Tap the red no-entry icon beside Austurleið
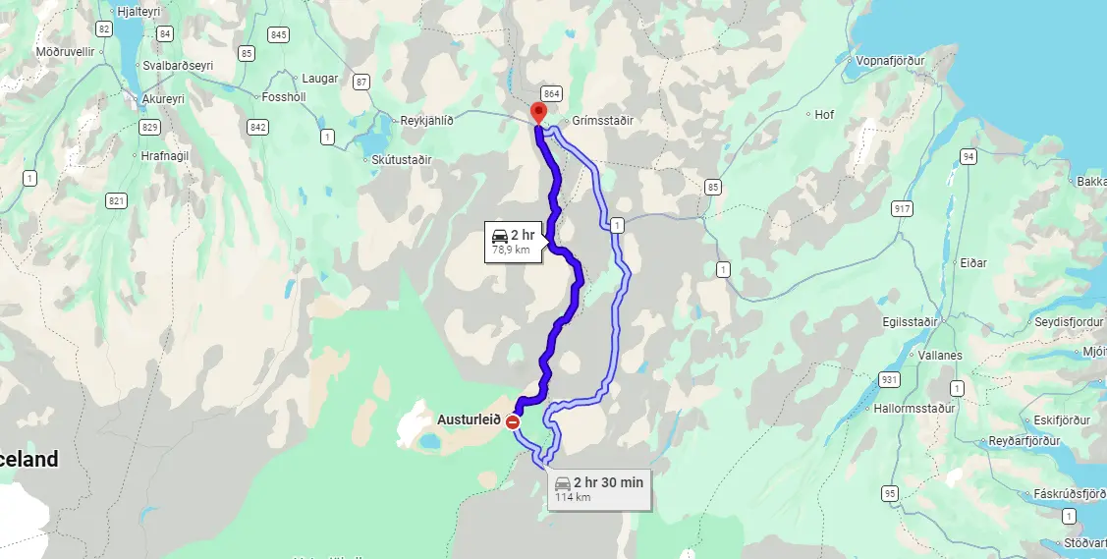tap(512, 421)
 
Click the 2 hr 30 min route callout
tap(598, 488)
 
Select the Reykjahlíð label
tap(427, 121)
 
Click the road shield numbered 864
tap(551, 93)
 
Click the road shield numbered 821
tap(117, 200)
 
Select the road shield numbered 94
tap(969, 157)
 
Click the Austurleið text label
tap(469, 419)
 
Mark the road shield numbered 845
tap(279, 34)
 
